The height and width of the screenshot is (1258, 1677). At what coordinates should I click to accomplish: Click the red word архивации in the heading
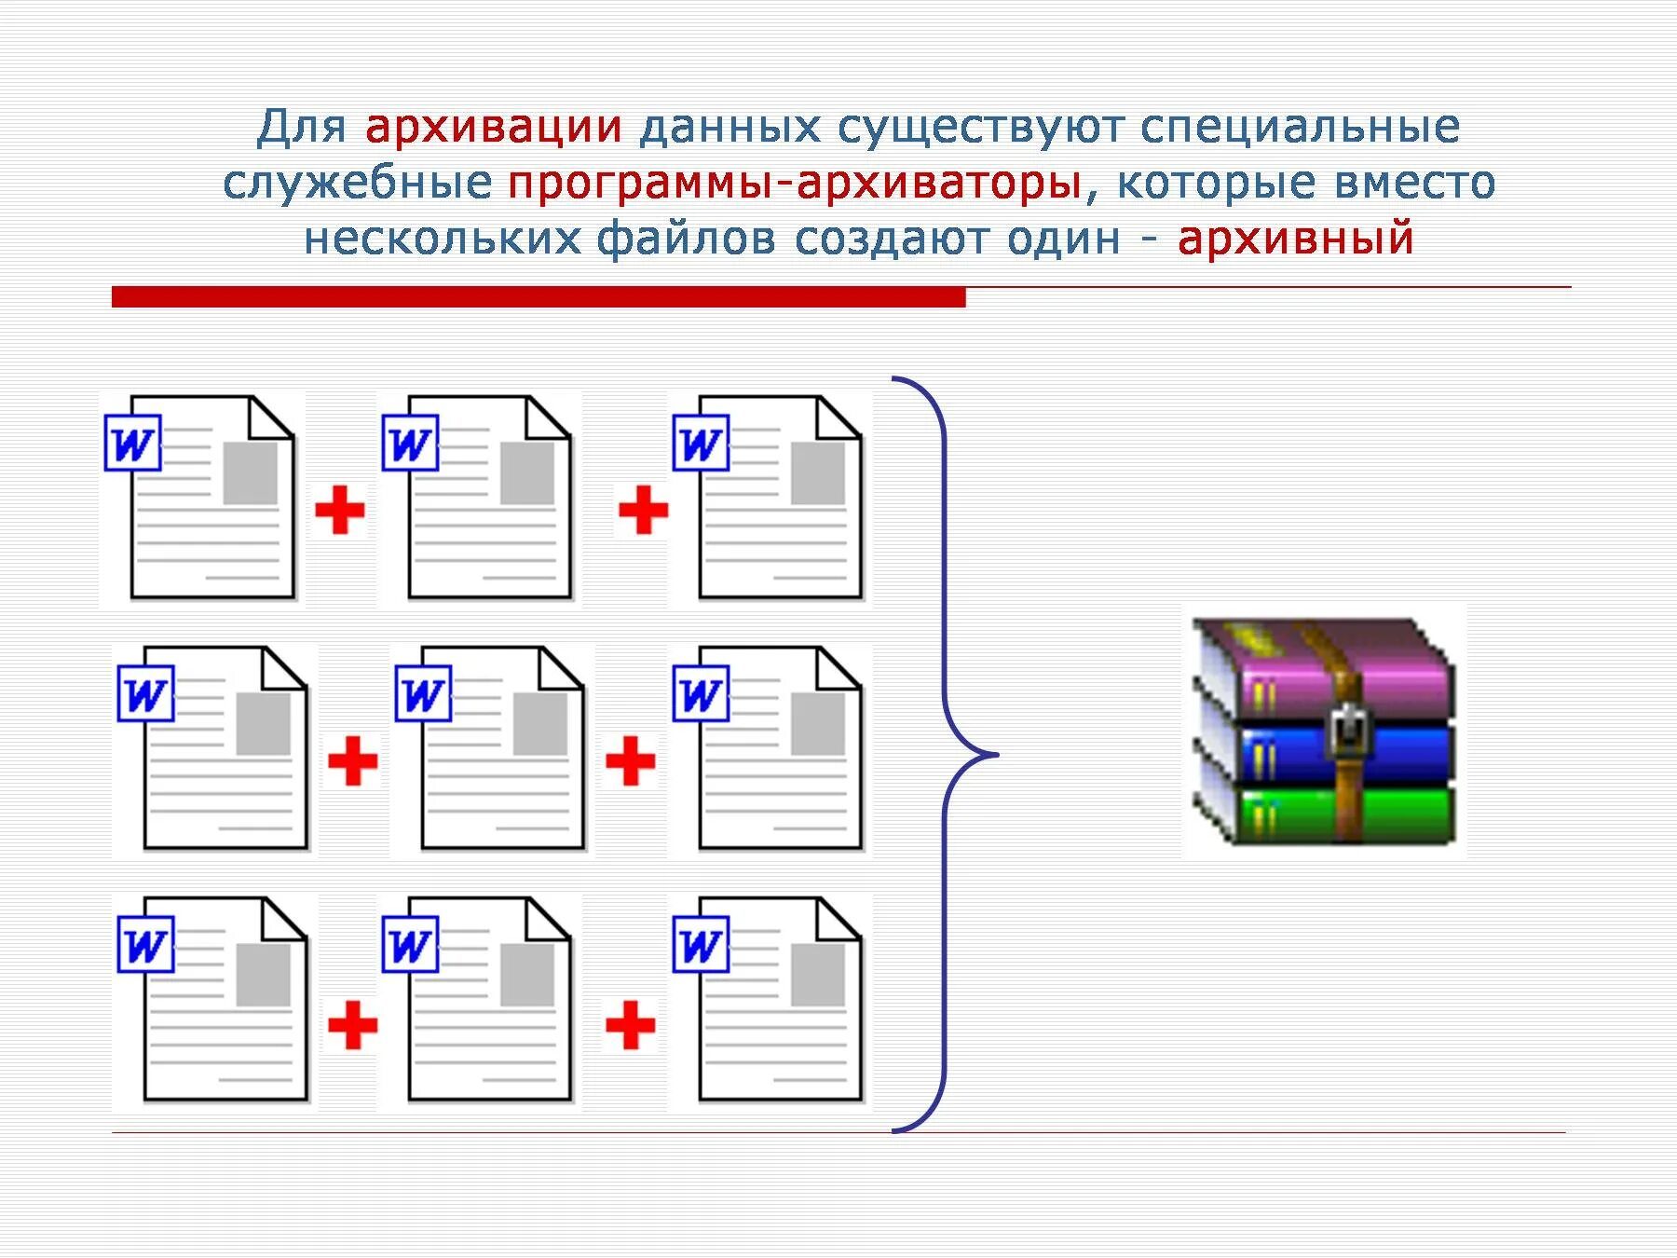[493, 127]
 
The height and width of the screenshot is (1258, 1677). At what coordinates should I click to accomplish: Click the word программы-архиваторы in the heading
[794, 183]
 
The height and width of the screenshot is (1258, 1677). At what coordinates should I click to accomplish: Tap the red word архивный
[1295, 238]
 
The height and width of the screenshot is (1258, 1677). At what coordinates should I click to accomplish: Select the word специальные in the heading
[1300, 127]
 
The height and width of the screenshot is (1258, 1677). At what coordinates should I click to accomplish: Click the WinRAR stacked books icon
[1323, 732]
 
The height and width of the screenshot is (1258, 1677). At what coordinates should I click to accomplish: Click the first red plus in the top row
[339, 510]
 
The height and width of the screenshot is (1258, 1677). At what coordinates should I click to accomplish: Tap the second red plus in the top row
[643, 510]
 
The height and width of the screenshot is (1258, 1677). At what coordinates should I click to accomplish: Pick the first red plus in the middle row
[352, 760]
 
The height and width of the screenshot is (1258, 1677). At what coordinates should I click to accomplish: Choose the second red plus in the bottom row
[630, 1025]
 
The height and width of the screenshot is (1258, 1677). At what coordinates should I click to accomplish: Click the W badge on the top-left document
[132, 443]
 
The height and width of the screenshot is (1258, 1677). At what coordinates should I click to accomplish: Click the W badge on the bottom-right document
[701, 945]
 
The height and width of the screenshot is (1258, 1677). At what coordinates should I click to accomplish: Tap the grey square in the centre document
[540, 724]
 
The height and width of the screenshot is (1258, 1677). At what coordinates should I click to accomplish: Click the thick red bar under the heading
[539, 297]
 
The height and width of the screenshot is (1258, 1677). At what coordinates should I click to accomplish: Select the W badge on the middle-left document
[145, 693]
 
